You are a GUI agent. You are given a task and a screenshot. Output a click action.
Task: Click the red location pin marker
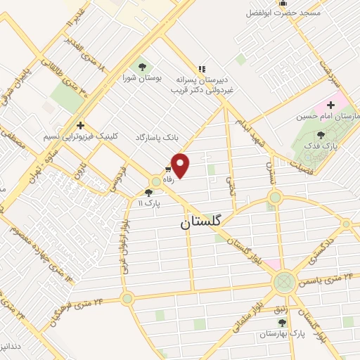coord(181,166)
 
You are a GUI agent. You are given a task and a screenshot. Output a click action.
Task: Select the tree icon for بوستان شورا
coord(143,66)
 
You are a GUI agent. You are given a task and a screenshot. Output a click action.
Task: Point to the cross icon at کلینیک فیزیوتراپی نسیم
coord(81,125)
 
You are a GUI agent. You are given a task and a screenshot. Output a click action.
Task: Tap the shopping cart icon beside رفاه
coord(169,169)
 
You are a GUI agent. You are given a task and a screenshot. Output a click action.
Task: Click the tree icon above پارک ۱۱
coord(148,192)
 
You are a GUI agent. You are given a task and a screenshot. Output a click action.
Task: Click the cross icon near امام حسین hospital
coord(330,105)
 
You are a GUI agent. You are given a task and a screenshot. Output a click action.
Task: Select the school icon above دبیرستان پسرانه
coord(202,69)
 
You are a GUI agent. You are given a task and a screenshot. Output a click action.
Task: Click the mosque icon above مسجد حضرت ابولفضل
coord(283,3)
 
